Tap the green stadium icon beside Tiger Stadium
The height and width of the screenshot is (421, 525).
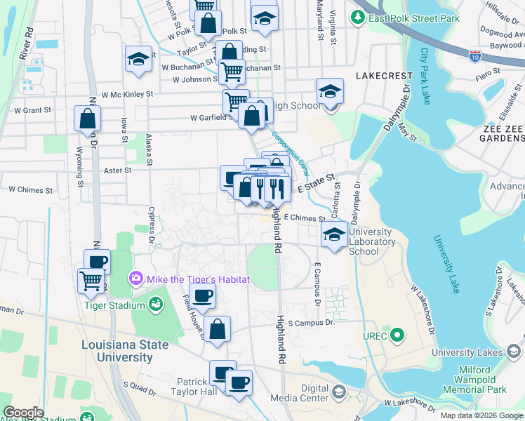click(154, 305)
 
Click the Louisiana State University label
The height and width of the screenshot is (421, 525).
click(125, 351)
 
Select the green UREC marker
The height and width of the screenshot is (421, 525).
click(397, 335)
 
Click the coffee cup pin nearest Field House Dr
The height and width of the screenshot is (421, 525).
click(202, 295)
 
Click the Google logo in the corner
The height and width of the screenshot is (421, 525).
click(23, 413)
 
